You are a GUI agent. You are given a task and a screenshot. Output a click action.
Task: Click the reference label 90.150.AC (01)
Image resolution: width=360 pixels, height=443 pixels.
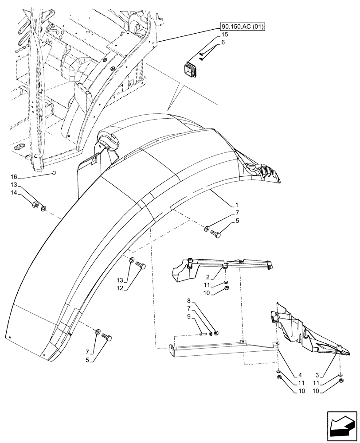pos(242,27)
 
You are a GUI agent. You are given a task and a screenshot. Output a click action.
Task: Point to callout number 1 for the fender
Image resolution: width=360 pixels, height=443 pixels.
pos(237,205)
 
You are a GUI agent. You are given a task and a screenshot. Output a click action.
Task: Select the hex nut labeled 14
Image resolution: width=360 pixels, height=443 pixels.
pos(35,205)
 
